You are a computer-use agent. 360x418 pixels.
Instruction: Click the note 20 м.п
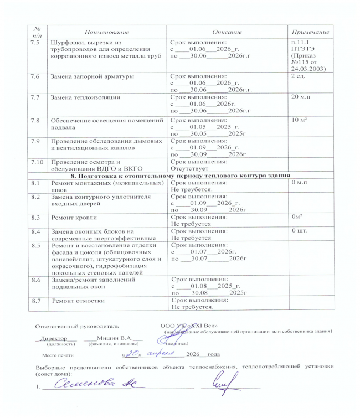tap(301, 97)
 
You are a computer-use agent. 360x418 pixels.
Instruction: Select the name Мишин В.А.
tap(115, 338)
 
